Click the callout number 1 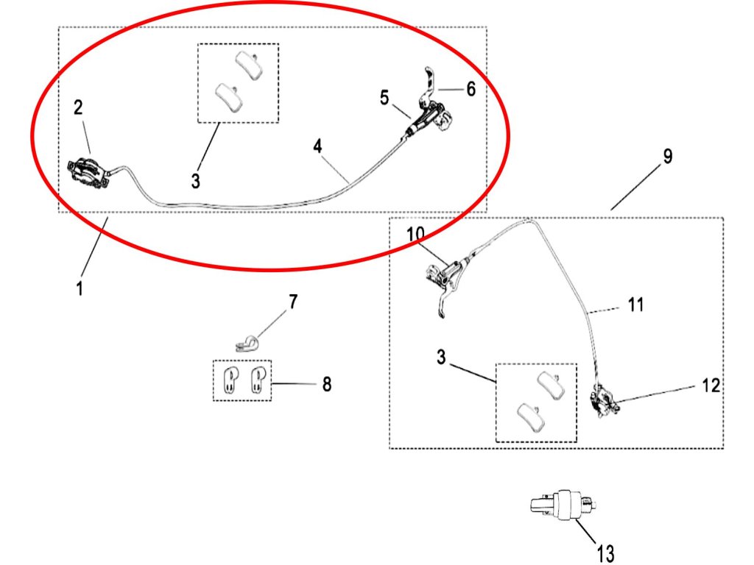pyautogui.click(x=79, y=288)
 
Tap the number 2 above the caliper pyautogui.click(x=78, y=107)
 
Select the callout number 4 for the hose pyautogui.click(x=317, y=146)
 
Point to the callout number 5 pyautogui.click(x=384, y=98)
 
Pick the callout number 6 pyautogui.click(x=471, y=88)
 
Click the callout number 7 pyautogui.click(x=293, y=301)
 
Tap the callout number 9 pyautogui.click(x=667, y=156)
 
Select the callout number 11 pyautogui.click(x=635, y=303)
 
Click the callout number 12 pyautogui.click(x=711, y=385)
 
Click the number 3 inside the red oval pyautogui.click(x=195, y=180)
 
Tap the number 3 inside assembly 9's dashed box pyautogui.click(x=440, y=358)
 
